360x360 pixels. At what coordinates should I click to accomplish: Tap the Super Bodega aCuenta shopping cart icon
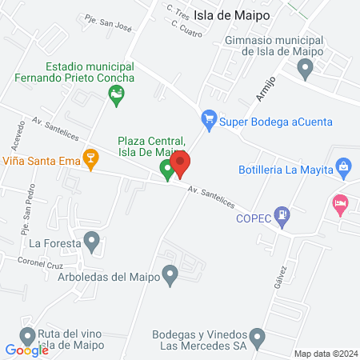(x=210, y=121)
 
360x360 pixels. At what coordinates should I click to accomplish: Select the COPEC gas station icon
(x=282, y=214)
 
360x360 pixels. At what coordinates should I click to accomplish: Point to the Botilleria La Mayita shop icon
(x=344, y=168)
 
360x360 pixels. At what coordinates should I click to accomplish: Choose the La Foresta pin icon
(x=92, y=240)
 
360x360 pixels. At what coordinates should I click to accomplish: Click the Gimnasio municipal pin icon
(x=305, y=70)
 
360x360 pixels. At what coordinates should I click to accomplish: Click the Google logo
(x=27, y=350)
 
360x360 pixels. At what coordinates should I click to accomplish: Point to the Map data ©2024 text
(x=325, y=354)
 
